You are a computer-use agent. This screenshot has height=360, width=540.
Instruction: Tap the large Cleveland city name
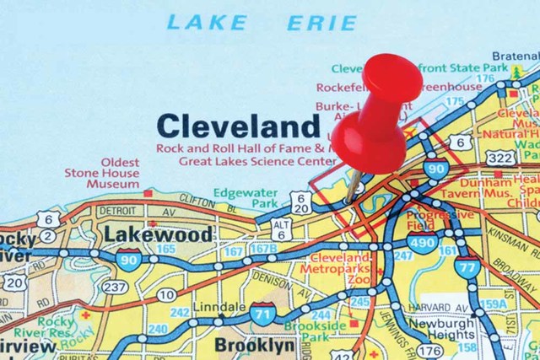pos(239,126)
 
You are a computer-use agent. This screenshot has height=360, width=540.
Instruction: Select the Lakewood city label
pos(158,233)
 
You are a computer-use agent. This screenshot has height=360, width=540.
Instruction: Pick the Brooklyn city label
pos(254,345)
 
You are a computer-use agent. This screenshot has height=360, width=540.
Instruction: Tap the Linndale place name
pos(219,307)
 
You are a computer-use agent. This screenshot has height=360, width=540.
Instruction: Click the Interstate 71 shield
pos(262,314)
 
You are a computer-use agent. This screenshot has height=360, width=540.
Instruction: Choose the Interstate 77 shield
pos(467,266)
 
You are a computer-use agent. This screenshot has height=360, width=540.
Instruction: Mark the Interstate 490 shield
pos(425,243)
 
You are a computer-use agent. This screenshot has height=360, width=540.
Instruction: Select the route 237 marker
pos(116,287)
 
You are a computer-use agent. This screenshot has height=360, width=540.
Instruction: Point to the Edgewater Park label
pos(235,198)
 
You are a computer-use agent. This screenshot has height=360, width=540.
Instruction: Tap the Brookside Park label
pos(314,331)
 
